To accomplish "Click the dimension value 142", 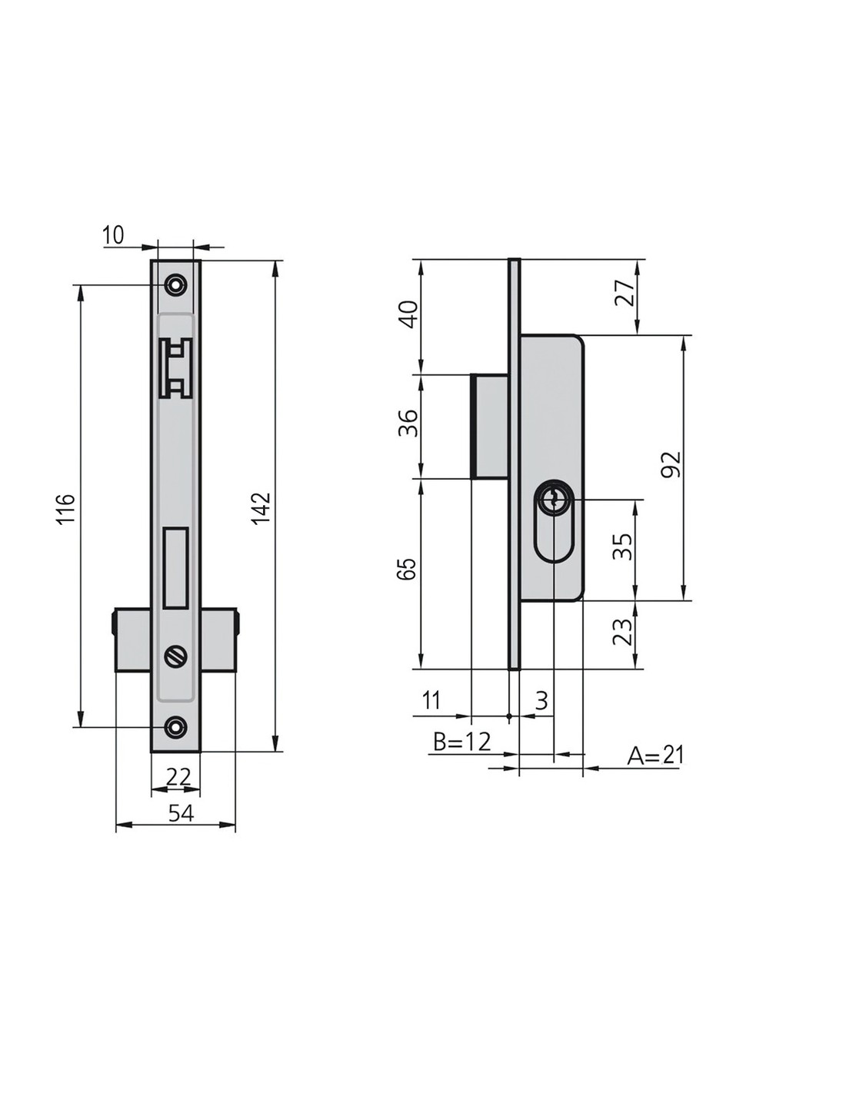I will click(261, 508).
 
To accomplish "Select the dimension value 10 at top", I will click(113, 234).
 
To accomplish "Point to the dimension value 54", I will click(181, 813).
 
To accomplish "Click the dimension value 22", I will click(178, 776).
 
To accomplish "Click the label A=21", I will click(655, 756).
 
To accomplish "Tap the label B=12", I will click(461, 741).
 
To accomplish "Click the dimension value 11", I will click(431, 700).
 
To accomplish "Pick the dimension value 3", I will click(541, 700).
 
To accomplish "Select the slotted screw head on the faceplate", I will click(176, 656).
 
